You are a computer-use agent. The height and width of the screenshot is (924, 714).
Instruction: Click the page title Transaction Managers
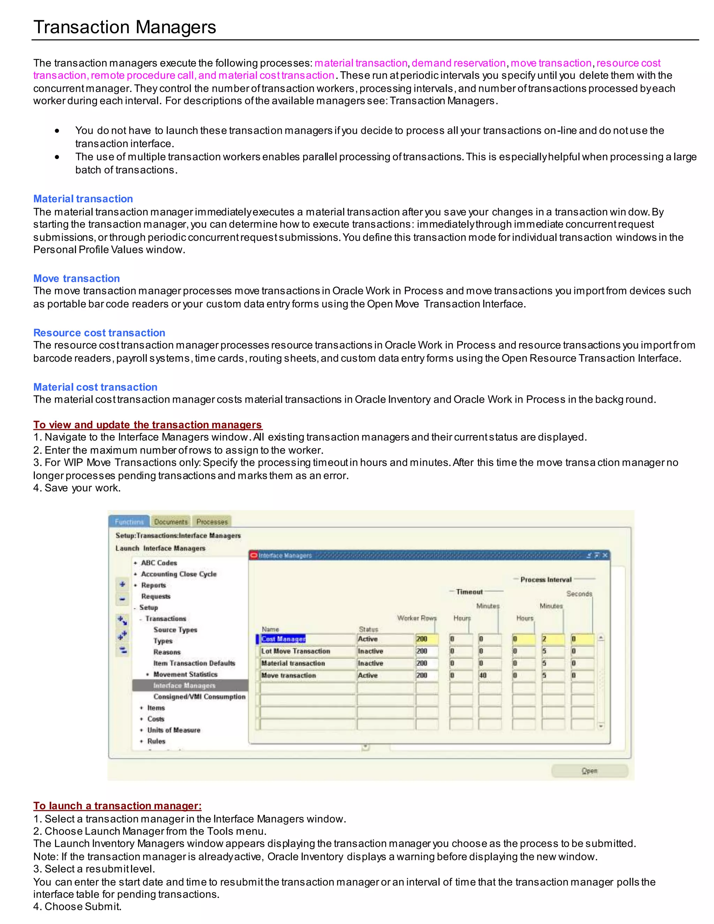(125, 27)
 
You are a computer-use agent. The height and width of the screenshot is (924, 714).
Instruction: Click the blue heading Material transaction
(83, 199)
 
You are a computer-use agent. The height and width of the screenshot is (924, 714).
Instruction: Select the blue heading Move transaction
(77, 278)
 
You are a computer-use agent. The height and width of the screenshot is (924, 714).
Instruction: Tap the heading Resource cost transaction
(99, 333)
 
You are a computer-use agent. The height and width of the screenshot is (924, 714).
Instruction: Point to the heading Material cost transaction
(95, 387)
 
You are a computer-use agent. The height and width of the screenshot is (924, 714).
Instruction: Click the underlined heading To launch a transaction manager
(117, 805)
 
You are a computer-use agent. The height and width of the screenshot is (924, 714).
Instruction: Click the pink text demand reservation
(458, 63)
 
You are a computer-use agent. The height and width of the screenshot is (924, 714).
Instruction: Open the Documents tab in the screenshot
(170, 522)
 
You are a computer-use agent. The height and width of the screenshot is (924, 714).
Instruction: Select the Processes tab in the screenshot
(212, 522)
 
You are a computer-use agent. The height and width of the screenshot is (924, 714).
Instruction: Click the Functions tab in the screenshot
(129, 522)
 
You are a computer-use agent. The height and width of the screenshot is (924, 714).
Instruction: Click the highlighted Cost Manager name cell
(283, 639)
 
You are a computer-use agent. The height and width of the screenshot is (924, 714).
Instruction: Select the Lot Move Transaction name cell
(295, 651)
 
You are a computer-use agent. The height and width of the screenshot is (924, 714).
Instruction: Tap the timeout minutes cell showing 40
(483, 675)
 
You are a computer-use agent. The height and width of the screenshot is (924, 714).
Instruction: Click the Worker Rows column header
(417, 618)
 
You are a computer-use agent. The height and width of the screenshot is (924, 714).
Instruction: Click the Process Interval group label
(546, 580)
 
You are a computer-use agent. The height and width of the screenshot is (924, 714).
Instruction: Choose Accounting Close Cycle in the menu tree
(178, 574)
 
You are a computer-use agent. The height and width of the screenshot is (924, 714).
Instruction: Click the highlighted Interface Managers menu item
(184, 686)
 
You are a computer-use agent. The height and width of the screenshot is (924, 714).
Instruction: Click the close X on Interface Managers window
(605, 555)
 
